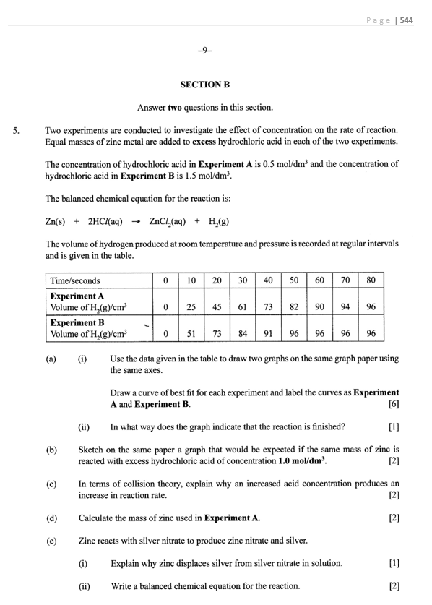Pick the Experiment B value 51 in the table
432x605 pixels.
coord(191,334)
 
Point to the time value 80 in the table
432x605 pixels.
coord(371,280)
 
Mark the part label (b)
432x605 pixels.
coord(51,450)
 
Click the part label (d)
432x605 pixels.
coord(51,518)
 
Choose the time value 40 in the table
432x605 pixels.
coord(268,280)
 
